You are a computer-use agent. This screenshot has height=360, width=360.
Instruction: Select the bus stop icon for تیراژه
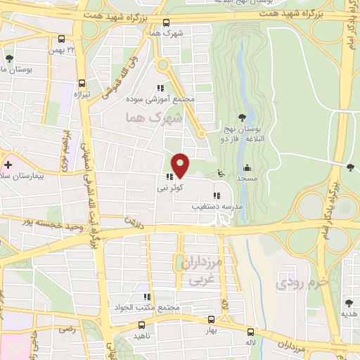pos(82,82)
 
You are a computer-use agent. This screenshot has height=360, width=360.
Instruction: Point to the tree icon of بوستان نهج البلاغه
pos(242,117)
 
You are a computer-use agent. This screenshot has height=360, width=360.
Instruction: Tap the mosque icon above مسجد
pos(247,168)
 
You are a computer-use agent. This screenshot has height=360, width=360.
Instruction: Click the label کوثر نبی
pos(171,188)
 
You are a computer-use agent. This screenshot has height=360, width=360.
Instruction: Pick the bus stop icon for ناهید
pos(141,325)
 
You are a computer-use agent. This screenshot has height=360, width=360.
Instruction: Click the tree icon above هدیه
pos(349,303)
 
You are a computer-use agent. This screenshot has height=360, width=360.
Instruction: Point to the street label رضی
pos(67,328)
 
